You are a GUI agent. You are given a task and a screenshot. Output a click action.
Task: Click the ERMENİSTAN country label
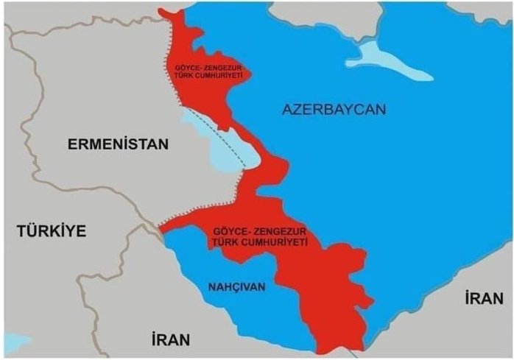point(118,144)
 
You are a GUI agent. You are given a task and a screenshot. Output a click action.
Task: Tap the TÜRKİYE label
point(52,231)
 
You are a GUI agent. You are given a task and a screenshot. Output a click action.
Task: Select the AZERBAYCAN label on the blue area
point(334,110)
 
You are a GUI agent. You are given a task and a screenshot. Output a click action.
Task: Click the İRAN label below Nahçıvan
point(170,339)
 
